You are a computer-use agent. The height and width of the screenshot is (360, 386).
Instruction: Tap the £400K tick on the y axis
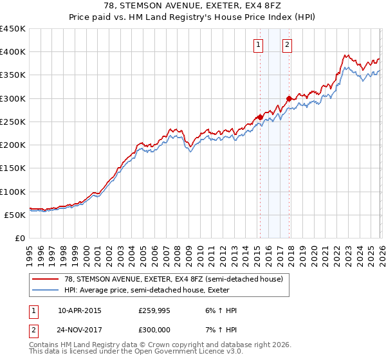pos(13,52)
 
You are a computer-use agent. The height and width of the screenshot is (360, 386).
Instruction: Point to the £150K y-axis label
pos(13,168)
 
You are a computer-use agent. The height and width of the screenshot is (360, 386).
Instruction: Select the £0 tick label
pos(20,239)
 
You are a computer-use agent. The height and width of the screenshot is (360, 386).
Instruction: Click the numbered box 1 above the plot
pos(258,45)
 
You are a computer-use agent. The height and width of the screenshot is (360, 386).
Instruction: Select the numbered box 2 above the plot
pos(286,45)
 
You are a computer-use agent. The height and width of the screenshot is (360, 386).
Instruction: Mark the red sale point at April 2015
pos(260,117)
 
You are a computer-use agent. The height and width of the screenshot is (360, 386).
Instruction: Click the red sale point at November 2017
pos(289,98)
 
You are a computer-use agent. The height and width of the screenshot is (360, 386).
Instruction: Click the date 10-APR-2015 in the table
pos(79,310)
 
